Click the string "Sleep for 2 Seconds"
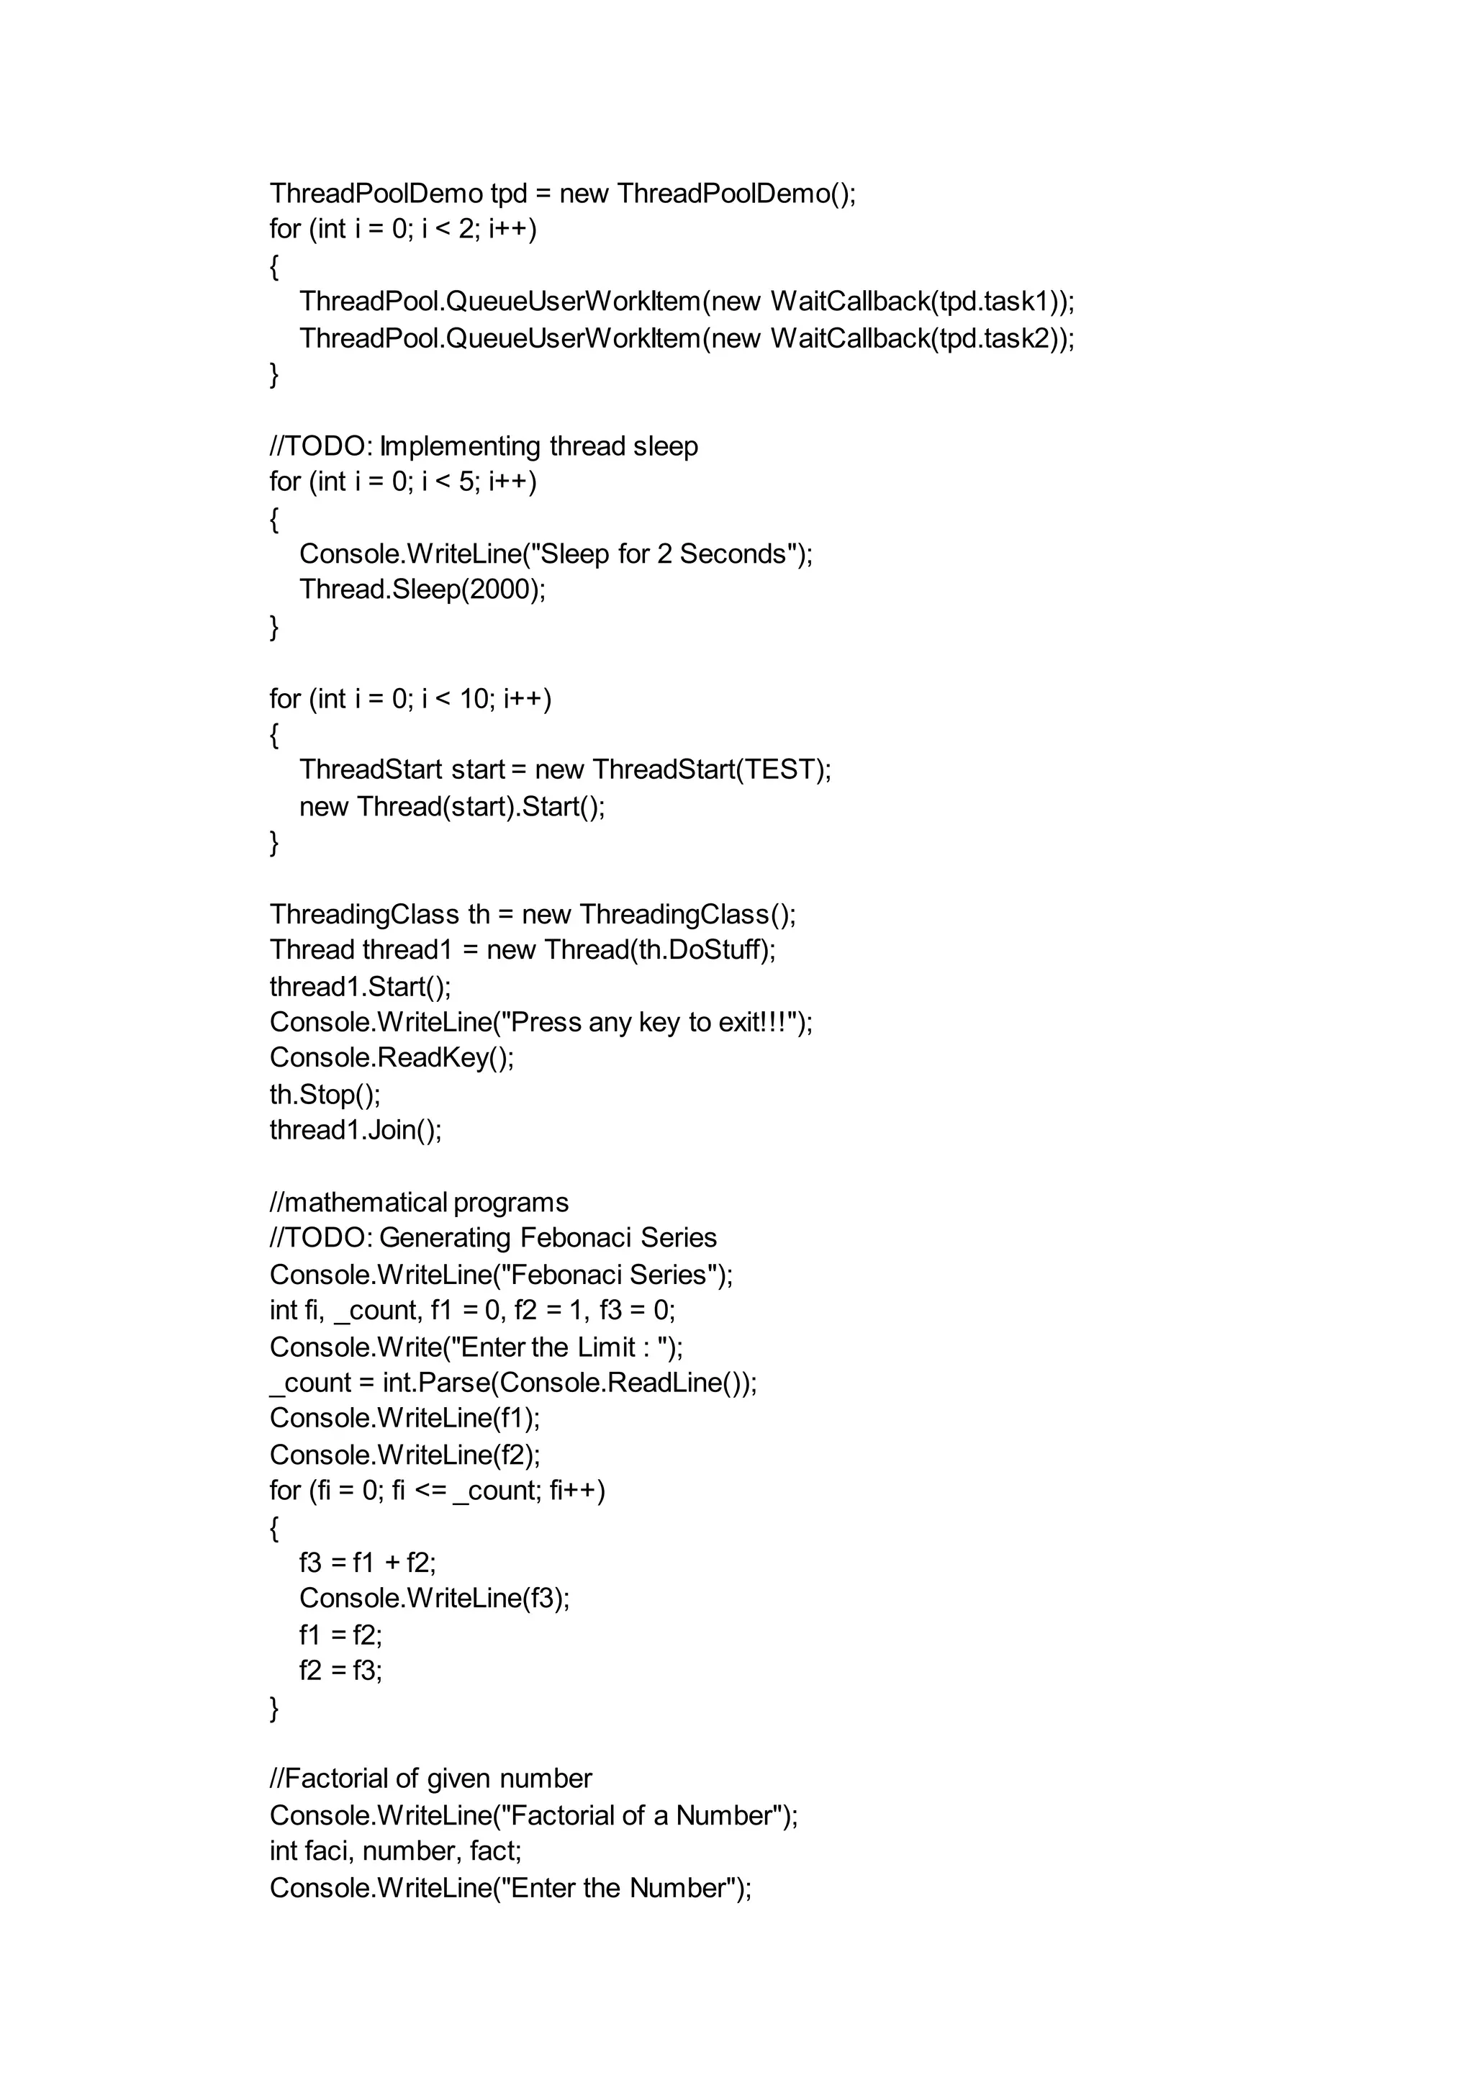click(664, 553)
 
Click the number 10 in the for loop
click(474, 699)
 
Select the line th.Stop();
click(325, 1095)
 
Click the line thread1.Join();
click(356, 1130)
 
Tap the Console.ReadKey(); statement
click(392, 1058)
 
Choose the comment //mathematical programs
click(420, 1203)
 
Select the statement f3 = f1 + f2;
click(368, 1563)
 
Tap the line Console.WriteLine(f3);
click(434, 1599)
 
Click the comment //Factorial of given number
click(430, 1779)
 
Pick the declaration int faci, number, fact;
click(395, 1851)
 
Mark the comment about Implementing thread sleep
click(484, 446)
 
